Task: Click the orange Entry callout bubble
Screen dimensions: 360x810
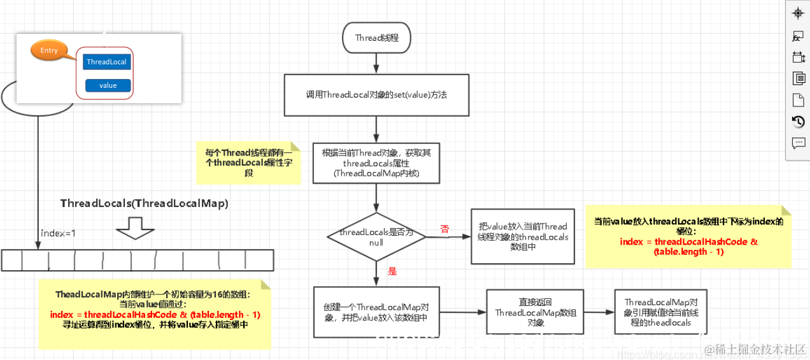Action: [48, 51]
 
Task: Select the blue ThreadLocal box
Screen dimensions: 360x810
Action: [106, 62]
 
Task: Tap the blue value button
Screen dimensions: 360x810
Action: [108, 85]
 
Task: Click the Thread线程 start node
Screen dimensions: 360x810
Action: [376, 38]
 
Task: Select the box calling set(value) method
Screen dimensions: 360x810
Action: [376, 95]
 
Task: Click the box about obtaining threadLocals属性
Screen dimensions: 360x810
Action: [376, 163]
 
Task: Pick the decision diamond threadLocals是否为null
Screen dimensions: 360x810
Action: [376, 236]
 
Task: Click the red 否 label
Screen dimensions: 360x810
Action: [444, 229]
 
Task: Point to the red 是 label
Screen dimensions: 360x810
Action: [392, 271]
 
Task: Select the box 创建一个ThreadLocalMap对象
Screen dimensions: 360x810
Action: [376, 312]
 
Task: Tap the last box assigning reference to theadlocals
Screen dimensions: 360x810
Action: [660, 312]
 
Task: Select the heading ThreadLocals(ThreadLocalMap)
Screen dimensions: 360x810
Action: [145, 203]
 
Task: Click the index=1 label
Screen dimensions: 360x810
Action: [58, 233]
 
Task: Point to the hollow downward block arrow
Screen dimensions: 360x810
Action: [136, 228]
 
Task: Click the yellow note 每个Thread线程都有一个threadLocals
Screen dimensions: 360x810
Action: [249, 162]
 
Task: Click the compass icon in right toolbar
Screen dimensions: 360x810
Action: [798, 13]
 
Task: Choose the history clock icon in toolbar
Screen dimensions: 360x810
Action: [798, 121]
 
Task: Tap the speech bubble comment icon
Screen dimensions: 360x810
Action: [798, 143]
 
